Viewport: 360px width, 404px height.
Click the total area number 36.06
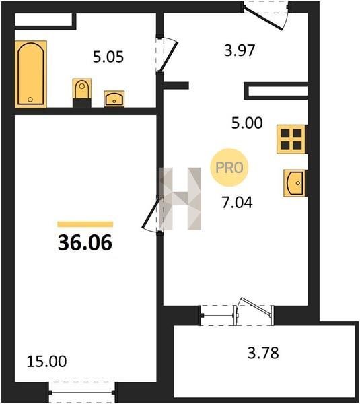tap(85, 242)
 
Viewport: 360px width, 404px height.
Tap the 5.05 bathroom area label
tap(108, 57)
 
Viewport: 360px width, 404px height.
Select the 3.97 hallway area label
tap(240, 50)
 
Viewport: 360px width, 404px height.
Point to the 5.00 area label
tap(247, 123)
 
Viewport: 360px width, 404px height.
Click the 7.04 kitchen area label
tap(237, 202)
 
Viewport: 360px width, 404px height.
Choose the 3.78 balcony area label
tap(263, 353)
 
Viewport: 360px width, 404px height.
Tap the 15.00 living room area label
tap(46, 361)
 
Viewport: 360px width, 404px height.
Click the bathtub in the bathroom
tap(31, 74)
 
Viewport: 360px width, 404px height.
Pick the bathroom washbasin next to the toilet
tap(114, 99)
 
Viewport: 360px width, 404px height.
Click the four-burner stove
tap(291, 139)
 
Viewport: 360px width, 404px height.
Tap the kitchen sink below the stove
tap(295, 183)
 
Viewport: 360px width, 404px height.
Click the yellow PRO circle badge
tap(229, 168)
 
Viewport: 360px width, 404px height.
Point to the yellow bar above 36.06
tap(85, 224)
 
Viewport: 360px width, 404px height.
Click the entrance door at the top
tap(266, 15)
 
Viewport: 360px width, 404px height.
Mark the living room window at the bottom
tap(82, 393)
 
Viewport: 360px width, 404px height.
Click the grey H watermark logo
tap(180, 199)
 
